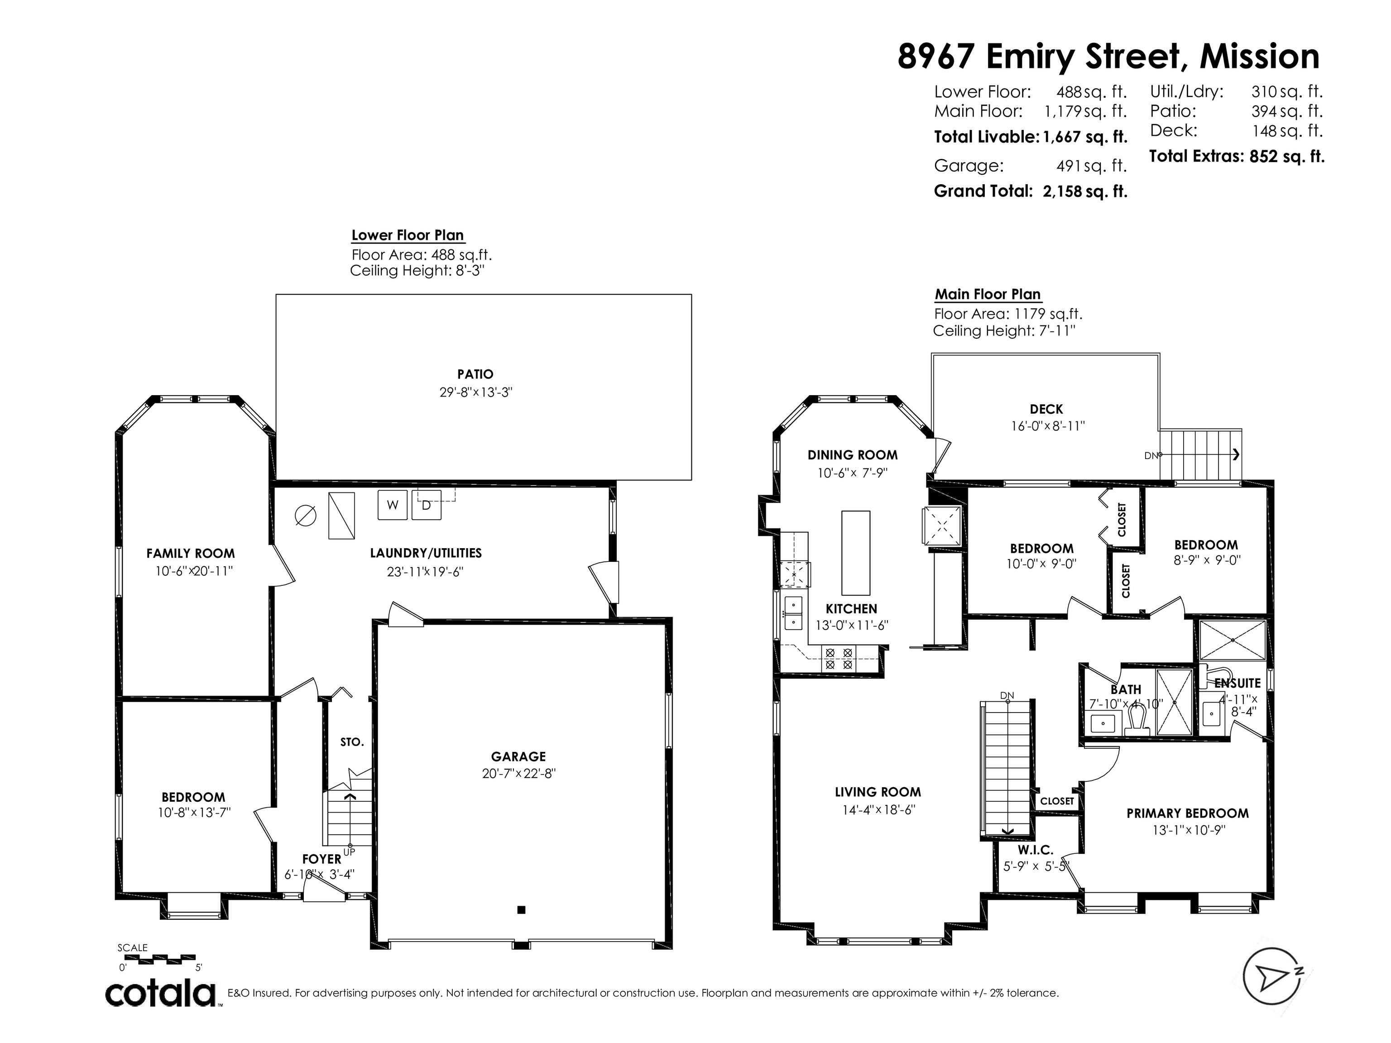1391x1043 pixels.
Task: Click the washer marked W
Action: (x=393, y=505)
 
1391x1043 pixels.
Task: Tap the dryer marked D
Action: (x=427, y=505)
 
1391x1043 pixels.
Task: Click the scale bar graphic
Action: (x=160, y=959)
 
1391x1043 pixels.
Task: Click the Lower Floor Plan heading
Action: (x=408, y=235)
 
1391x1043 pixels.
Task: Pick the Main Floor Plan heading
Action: (x=987, y=294)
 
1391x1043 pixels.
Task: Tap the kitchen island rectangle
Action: (x=856, y=553)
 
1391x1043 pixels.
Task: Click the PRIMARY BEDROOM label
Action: (x=1187, y=813)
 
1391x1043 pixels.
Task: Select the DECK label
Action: (x=1046, y=409)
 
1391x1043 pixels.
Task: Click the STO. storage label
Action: (x=352, y=742)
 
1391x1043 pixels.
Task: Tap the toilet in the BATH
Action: (x=1137, y=721)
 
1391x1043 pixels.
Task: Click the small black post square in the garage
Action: (x=521, y=910)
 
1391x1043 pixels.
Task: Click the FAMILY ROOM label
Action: (x=191, y=553)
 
